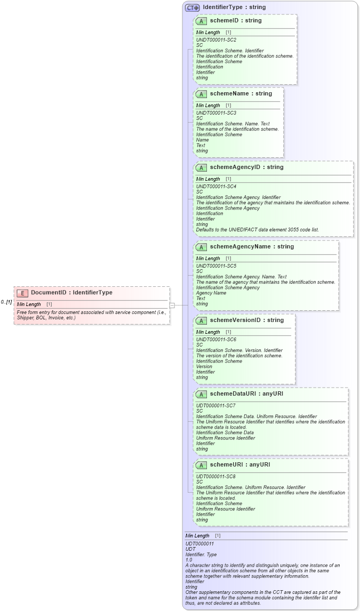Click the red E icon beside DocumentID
[22, 293]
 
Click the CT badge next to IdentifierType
[192, 7]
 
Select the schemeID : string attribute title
[236, 21]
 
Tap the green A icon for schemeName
[201, 94]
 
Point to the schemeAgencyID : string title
[246, 167]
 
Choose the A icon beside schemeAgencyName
[201, 247]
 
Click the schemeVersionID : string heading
[246, 320]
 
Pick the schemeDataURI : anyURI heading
[246, 394]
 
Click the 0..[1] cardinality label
[6, 302]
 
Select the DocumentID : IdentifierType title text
[71, 293]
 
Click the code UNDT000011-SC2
[216, 40]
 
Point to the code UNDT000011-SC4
[216, 187]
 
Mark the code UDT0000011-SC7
[215, 406]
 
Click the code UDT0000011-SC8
[215, 477]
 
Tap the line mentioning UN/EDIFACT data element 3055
[257, 230]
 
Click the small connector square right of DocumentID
[172, 305]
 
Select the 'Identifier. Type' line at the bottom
[201, 554]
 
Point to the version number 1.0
[189, 560]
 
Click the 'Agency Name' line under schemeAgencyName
[211, 293]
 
